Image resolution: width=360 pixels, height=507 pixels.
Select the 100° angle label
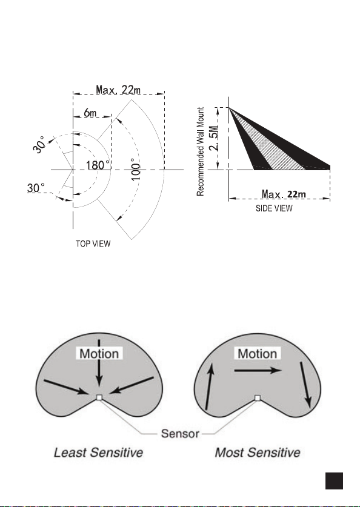click(136, 170)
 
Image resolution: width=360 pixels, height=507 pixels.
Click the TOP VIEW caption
click(93, 244)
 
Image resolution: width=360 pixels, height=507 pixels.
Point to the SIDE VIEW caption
click(274, 208)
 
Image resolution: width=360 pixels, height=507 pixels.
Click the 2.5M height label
click(216, 138)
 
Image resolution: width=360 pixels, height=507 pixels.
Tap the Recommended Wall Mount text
click(201, 151)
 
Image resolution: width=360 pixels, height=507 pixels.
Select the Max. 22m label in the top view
click(118, 90)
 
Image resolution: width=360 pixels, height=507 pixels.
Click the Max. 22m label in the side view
click(284, 194)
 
